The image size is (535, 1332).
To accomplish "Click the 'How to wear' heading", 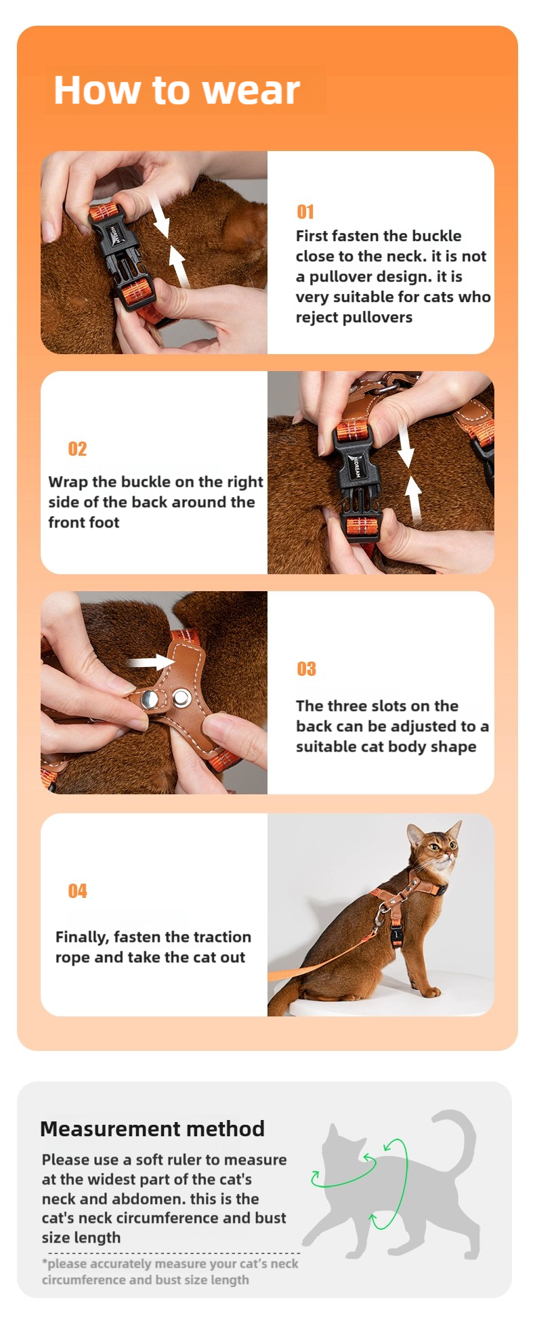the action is tap(177, 90).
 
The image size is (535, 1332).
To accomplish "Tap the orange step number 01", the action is tap(305, 212).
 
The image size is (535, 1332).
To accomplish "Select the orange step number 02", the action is tap(77, 449).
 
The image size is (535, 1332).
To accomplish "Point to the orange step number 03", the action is tap(307, 669).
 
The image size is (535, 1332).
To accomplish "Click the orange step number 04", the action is tap(77, 891).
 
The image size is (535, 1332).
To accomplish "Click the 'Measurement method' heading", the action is tap(152, 1129).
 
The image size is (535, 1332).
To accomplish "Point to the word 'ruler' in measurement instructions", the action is tap(184, 1160).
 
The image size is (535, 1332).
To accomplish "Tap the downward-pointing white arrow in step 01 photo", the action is tap(160, 215).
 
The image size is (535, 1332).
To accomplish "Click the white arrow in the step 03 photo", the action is tap(151, 662).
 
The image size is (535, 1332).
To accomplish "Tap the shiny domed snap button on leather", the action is tap(150, 700).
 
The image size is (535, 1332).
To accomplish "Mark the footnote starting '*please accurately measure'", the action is tap(170, 1272).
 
